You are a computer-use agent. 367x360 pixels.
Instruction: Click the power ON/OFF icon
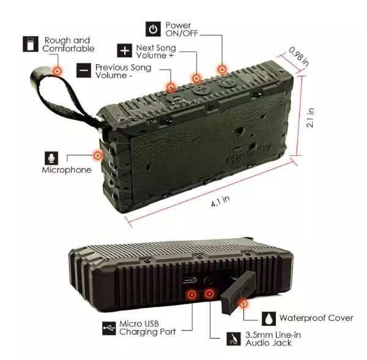coord(153,29)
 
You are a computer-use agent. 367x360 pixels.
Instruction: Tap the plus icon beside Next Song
coord(125,51)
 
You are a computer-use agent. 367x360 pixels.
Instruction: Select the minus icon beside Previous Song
coord(84,70)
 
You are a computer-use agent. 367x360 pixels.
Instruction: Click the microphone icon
coord(51,158)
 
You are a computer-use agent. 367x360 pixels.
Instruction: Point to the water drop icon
coord(269,318)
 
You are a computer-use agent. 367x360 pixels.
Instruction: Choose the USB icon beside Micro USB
coord(109,328)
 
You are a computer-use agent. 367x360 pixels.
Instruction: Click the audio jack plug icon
coord(234,339)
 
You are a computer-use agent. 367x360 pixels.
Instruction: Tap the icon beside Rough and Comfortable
coord(31,44)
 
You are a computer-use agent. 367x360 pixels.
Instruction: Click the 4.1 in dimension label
coord(220,202)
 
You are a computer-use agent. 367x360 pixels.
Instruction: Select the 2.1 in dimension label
coord(310,118)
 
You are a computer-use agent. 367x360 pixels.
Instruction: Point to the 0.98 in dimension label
coord(298,56)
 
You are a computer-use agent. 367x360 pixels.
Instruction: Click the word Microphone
coord(67,170)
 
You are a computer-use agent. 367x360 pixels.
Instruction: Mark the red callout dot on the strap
coord(57,71)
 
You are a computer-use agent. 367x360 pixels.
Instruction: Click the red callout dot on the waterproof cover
coord(244,304)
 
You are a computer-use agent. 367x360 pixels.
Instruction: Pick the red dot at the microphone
coord(98,155)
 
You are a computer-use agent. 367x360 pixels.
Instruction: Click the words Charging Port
coord(147,332)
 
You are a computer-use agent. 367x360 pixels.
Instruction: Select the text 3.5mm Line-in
coord(273,335)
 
